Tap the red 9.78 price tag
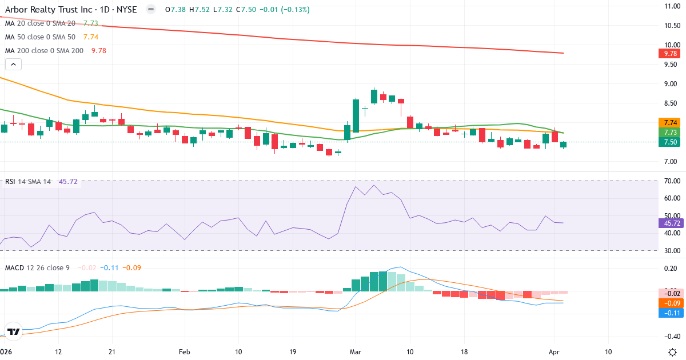[x=668, y=54]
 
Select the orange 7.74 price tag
[x=668, y=122]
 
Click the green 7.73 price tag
[x=668, y=132]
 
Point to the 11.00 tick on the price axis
[x=671, y=6]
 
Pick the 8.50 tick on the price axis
[x=671, y=103]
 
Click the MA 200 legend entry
[x=44, y=50]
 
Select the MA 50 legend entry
[x=40, y=37]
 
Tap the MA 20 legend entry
[x=40, y=23]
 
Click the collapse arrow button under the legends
[x=13, y=65]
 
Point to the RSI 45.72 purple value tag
[x=668, y=223]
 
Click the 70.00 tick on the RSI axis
[x=671, y=181]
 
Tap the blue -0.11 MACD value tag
[x=668, y=313]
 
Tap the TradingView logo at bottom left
[x=14, y=331]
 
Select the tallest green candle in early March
[x=356, y=116]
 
